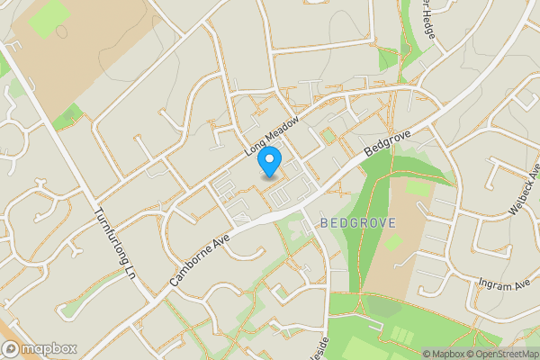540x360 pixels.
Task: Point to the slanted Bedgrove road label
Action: (x=388, y=146)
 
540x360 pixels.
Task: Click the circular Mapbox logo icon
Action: (x=12, y=348)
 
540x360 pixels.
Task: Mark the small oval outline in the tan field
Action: (x=61, y=31)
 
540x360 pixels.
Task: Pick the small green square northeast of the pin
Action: (x=328, y=136)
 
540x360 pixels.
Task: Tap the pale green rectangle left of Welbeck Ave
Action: (x=418, y=189)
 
